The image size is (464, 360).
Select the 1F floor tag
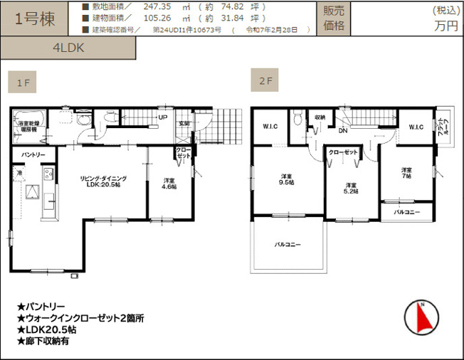pos(22,83)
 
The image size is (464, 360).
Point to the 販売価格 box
pos(334,18)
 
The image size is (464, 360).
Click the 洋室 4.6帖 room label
pos(168,183)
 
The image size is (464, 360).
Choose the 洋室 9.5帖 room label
pos(287,180)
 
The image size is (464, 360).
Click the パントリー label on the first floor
pos(33,154)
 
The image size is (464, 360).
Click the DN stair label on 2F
pos(342,131)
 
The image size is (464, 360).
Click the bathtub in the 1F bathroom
pos(29,117)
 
